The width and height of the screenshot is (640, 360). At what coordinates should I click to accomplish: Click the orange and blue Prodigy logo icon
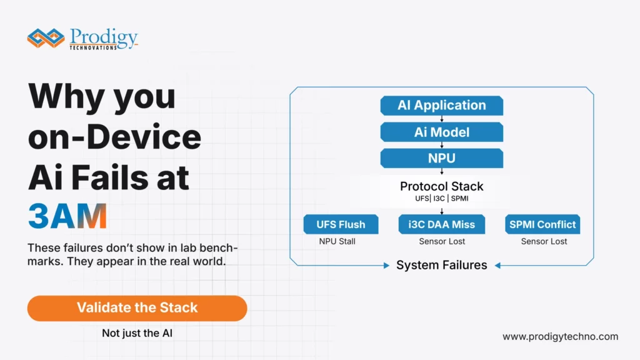coord(47,38)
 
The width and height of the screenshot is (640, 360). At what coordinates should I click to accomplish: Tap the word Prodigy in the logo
coord(103,36)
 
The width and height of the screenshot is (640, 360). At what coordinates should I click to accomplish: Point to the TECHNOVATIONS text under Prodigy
coord(93,47)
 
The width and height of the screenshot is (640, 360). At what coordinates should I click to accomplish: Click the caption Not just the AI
coord(137,333)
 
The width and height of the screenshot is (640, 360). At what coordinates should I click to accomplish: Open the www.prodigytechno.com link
coord(560,336)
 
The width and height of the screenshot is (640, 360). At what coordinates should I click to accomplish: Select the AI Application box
coord(441,106)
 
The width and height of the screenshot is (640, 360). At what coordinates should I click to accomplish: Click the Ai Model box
coord(441,132)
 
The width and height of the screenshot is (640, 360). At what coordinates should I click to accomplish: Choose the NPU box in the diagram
coord(441,158)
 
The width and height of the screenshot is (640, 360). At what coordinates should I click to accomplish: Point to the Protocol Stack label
coord(441,186)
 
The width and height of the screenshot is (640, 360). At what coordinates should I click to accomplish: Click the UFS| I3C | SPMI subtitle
coord(441,199)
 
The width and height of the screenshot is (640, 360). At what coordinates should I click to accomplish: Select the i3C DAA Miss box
coord(441,224)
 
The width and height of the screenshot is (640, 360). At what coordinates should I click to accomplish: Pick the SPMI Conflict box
coord(542,224)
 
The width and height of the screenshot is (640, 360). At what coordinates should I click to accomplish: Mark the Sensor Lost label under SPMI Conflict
coord(542,241)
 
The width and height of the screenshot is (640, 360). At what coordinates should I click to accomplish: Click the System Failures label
coord(441,265)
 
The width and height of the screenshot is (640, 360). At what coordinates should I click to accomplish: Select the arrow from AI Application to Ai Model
coord(441,119)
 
